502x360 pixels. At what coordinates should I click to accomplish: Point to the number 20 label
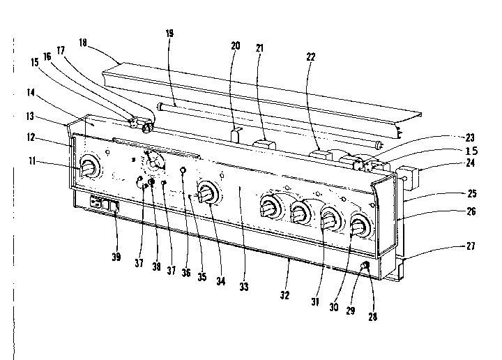(235, 45)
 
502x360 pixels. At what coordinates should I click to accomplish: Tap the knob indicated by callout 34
(206, 194)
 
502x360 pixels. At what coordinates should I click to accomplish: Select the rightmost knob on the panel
(360, 227)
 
